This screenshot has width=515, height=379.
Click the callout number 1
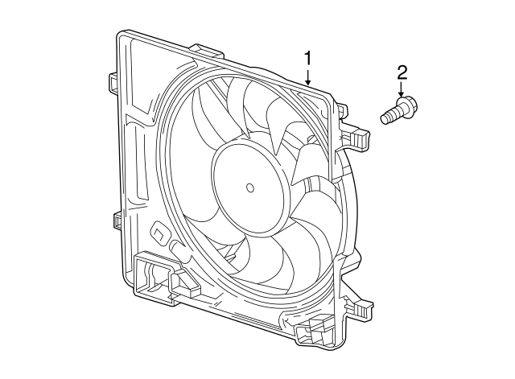(307, 57)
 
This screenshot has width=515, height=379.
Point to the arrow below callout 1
(307, 77)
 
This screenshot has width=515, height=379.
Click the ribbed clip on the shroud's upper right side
(360, 138)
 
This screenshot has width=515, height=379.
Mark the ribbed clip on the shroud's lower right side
(357, 309)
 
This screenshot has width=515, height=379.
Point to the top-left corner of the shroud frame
(122, 35)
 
